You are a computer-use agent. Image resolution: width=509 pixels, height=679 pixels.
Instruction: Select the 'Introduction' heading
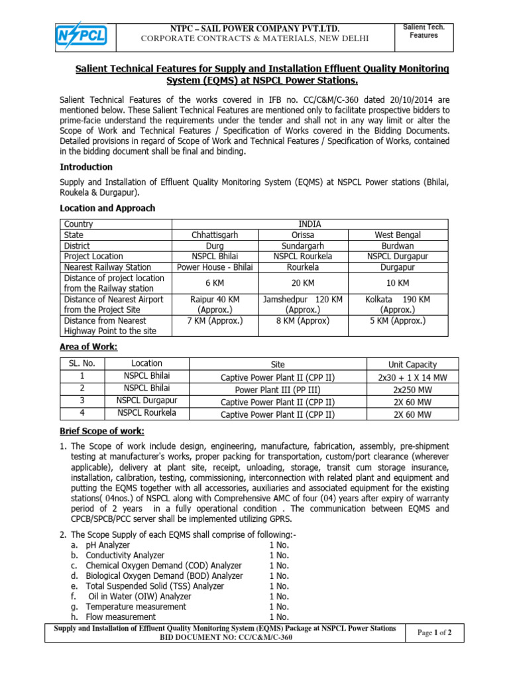pos(86,167)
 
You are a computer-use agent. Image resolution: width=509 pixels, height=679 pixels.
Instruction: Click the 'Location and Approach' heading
pos(107,208)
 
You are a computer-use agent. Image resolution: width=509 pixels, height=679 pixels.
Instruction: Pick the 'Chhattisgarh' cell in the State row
pos(215,235)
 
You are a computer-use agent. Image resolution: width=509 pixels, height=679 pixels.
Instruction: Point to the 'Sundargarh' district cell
pos(302,245)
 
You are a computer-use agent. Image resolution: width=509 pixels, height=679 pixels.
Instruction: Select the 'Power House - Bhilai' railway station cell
pos(215,267)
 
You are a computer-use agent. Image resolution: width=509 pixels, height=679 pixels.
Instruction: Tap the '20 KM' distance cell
pos(302,282)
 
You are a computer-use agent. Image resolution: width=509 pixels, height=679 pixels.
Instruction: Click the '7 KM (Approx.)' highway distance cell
pos(215,320)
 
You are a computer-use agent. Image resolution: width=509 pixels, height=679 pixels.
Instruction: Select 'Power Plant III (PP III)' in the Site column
pos(278,389)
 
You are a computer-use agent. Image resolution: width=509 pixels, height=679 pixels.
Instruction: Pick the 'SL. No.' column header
pos(82,363)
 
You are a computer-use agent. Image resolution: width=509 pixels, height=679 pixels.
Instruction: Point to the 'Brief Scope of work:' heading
pos(101,432)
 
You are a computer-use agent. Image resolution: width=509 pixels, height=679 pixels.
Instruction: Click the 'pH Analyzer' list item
pos(109,545)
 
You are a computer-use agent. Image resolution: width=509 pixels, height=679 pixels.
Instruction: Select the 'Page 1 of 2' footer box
pos(434,633)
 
